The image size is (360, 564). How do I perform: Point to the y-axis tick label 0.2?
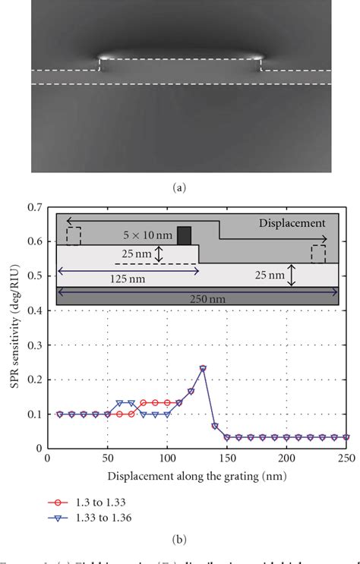pyautogui.click(x=33, y=380)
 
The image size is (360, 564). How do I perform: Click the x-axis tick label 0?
pyautogui.click(x=47, y=459)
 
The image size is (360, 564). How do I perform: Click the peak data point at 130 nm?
pyautogui.click(x=203, y=368)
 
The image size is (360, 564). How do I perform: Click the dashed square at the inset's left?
pyautogui.click(x=73, y=236)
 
